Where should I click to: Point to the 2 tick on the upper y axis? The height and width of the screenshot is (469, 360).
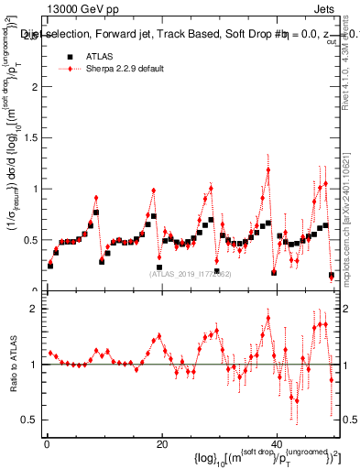[x=34, y=87]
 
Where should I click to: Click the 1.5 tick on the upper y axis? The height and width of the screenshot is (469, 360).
[x=30, y=138]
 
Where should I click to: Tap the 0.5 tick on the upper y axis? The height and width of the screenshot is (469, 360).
[x=30, y=240]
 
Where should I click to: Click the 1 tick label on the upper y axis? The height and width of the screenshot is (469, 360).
[x=34, y=189]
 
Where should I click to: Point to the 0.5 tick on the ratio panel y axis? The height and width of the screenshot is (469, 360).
[x=30, y=420]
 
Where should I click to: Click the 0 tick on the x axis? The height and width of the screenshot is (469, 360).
[x=47, y=444]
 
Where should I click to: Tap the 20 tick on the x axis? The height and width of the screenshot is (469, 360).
[x=161, y=444]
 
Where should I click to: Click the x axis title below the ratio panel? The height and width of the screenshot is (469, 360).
[x=266, y=458]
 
